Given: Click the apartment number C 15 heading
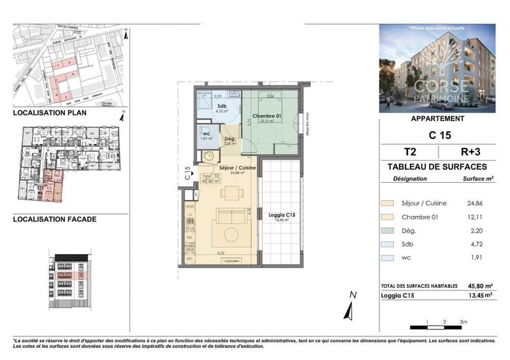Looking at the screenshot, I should [437, 136].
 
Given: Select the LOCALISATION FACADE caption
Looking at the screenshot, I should [55, 219].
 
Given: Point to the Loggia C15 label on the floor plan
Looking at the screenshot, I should [281, 215].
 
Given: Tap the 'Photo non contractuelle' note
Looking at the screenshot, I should [437, 28].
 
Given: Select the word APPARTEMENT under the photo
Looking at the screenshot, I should [437, 119].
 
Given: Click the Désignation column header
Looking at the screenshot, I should [411, 179].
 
